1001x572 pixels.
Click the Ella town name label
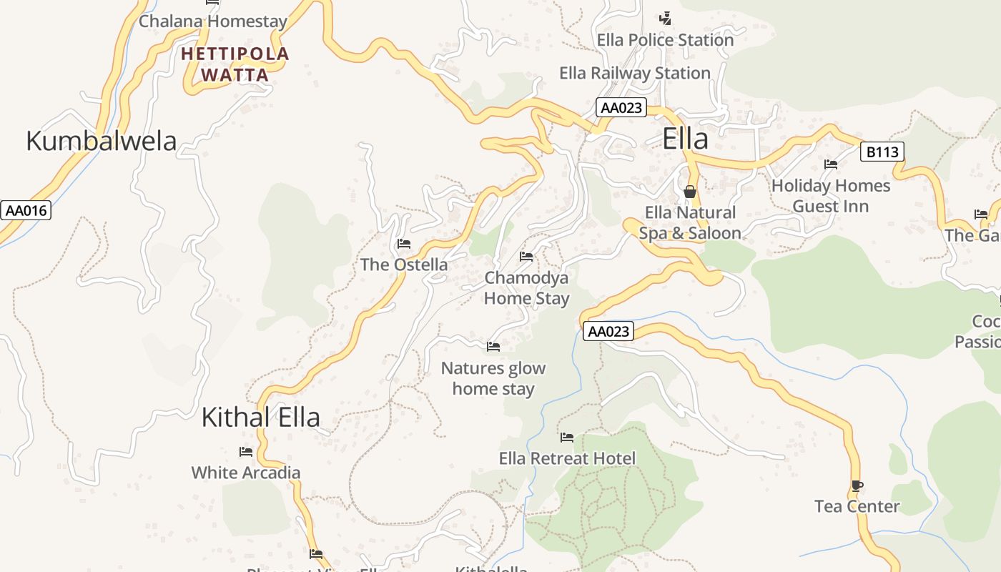click(x=685, y=139)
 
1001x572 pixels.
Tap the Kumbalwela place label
click(x=101, y=141)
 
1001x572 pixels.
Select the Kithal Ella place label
click(x=260, y=417)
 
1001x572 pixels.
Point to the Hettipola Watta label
click(x=235, y=64)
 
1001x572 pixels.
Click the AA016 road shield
click(x=26, y=210)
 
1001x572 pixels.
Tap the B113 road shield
click(x=882, y=152)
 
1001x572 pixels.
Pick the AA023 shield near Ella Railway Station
click(x=621, y=108)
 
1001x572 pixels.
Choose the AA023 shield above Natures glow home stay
click(x=608, y=331)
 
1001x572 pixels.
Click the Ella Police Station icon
click(x=666, y=18)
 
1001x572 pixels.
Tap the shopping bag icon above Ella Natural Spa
click(x=690, y=192)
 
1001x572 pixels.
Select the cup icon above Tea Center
click(x=857, y=486)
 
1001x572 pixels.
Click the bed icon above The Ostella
click(x=404, y=244)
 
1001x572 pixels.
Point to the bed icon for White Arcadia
click(x=246, y=452)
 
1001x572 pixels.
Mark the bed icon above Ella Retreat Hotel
click(x=567, y=437)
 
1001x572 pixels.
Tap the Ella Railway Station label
click(x=634, y=73)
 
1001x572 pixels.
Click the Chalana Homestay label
click(x=212, y=21)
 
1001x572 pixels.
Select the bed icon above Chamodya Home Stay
click(x=526, y=256)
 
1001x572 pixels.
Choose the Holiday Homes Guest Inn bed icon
click(x=831, y=164)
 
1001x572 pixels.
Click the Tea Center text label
click(x=857, y=506)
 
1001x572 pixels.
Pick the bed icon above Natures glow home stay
click(x=493, y=347)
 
